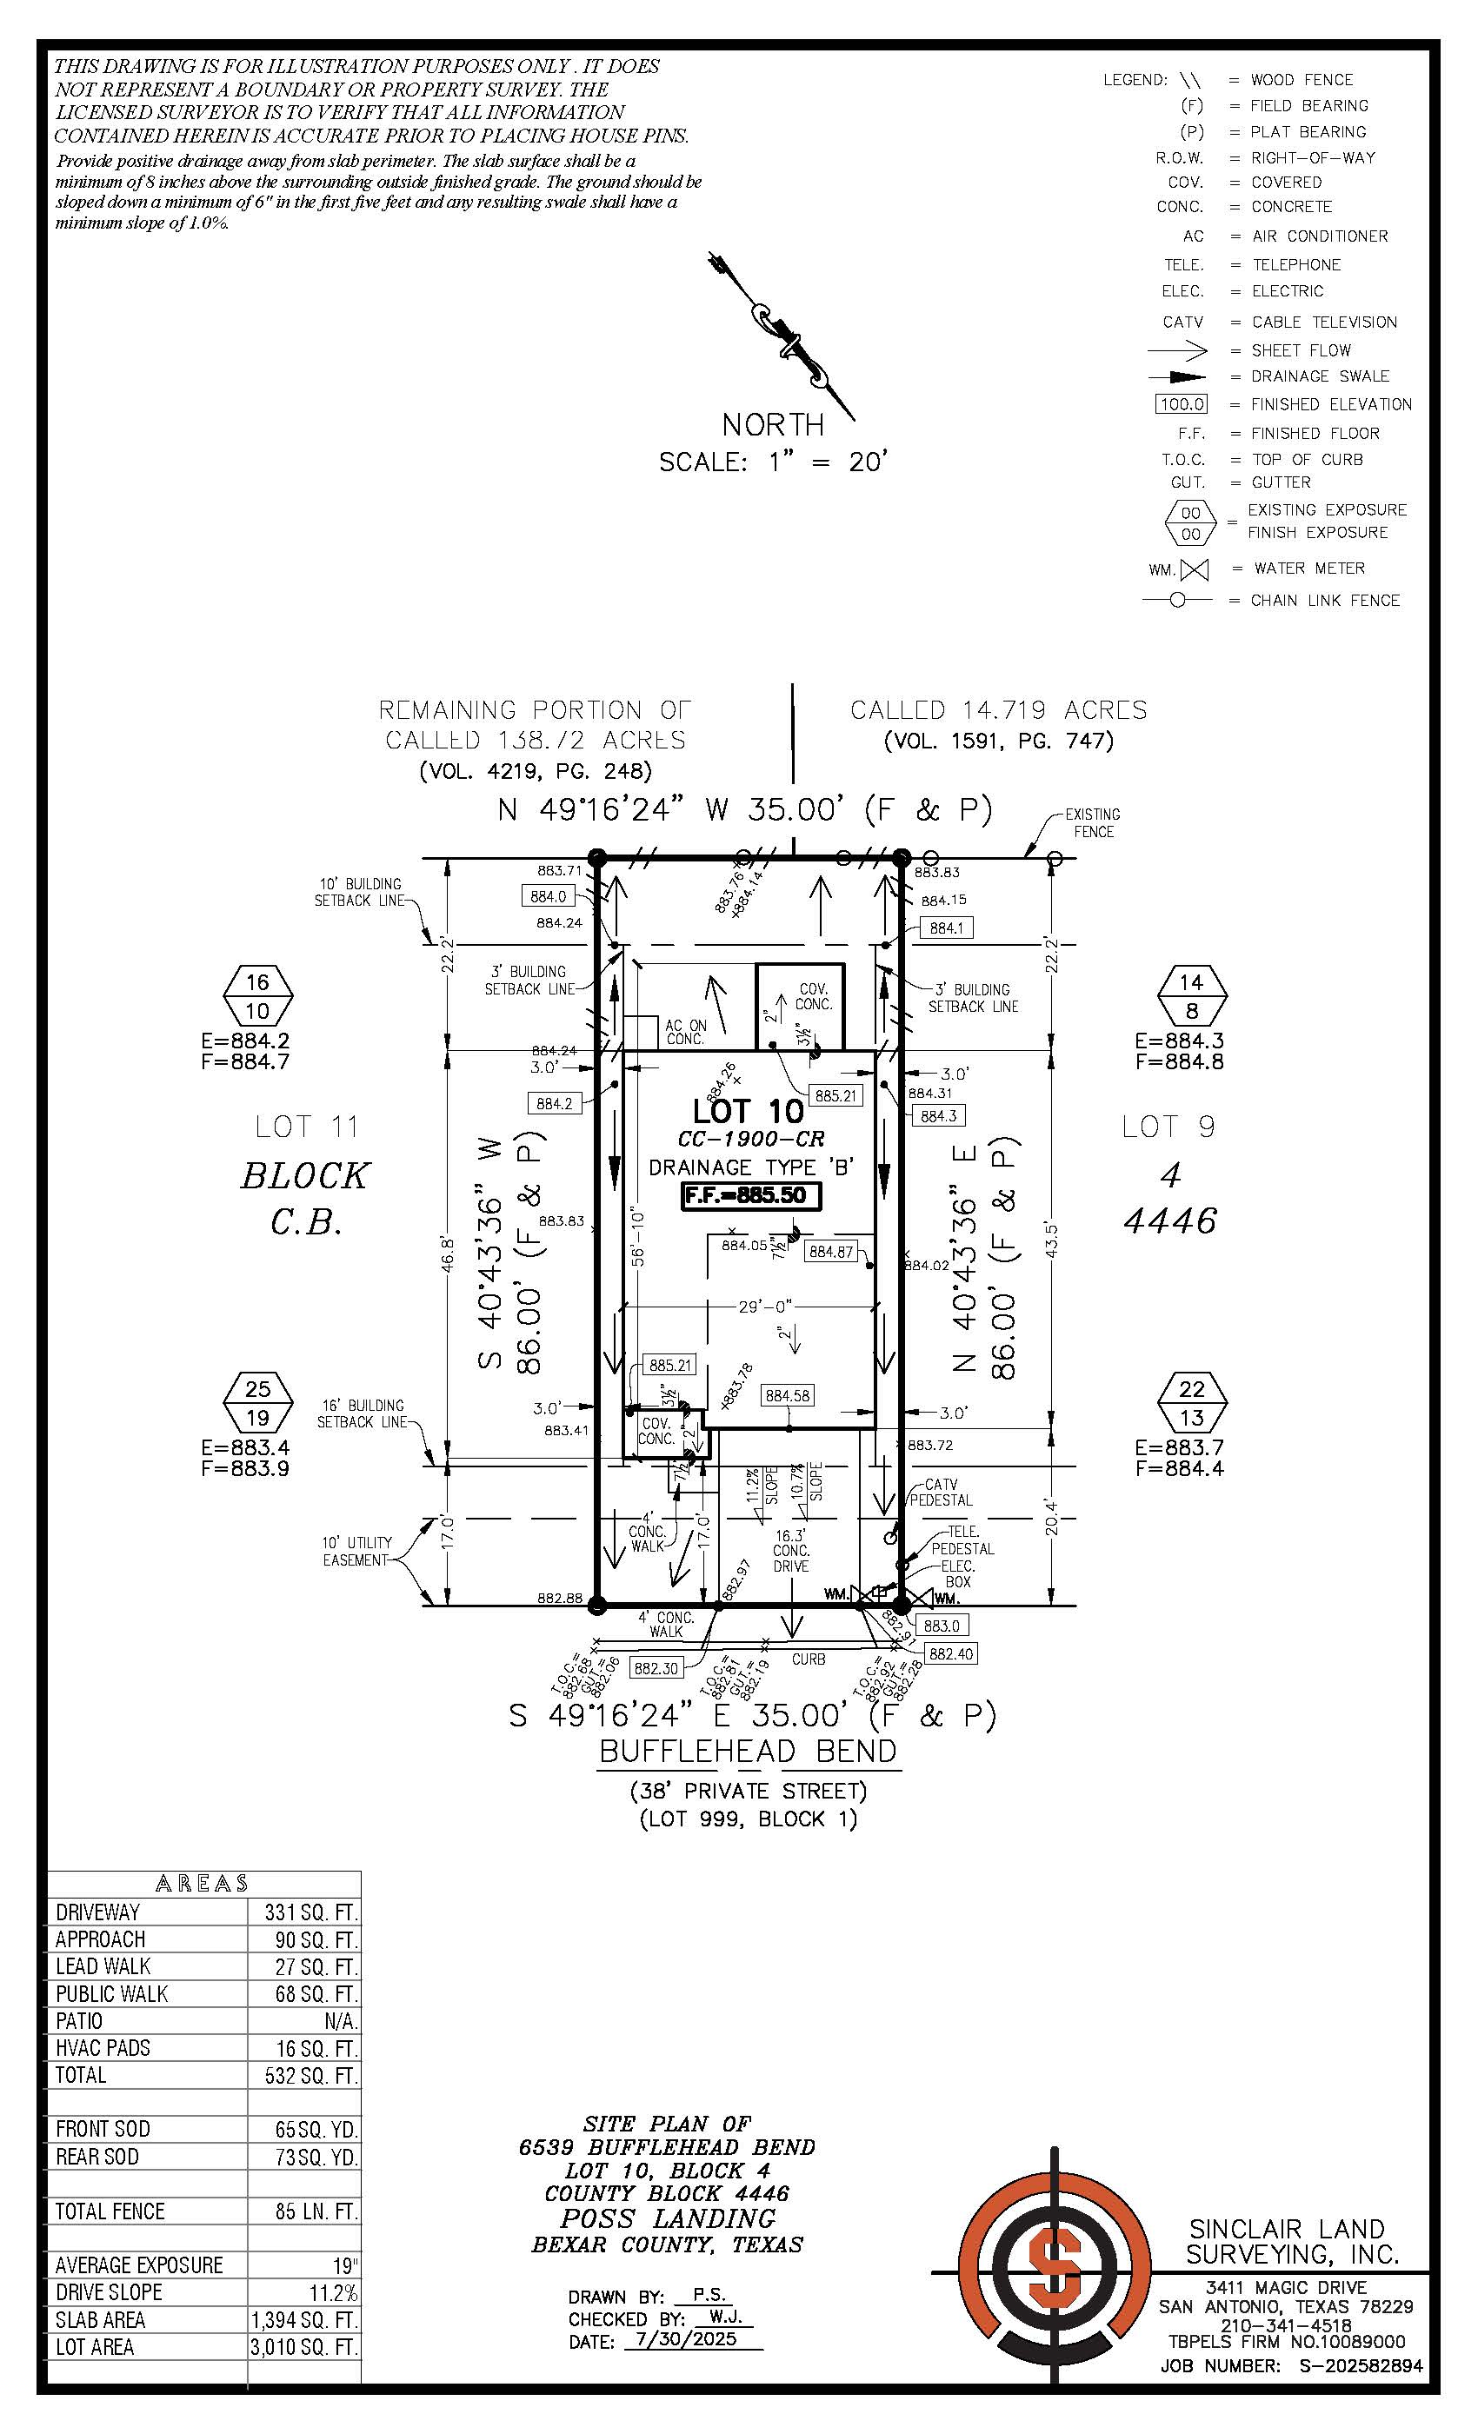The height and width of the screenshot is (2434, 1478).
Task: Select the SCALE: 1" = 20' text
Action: (774, 462)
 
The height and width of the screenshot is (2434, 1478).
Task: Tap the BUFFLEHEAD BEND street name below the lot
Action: (748, 1752)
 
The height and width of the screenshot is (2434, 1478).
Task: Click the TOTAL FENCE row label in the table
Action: (110, 2211)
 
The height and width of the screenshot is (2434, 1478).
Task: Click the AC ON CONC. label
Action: (686, 1033)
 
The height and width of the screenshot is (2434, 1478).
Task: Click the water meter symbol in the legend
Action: (1195, 570)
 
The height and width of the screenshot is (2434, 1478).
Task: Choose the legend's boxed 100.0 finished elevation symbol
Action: (1181, 405)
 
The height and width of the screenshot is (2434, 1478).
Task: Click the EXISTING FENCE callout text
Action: (1092, 823)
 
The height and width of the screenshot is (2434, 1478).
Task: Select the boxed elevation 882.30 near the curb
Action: (657, 1667)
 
